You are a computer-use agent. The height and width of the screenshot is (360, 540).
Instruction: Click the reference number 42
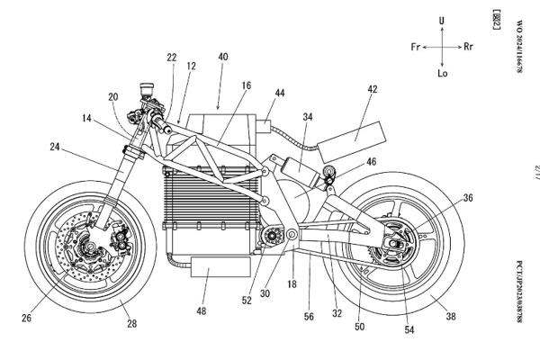[372, 90]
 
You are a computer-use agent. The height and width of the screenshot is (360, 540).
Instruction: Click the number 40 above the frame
[223, 56]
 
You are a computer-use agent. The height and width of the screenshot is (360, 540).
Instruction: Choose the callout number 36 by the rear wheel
[467, 198]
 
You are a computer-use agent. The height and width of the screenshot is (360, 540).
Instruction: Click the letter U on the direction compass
[441, 20]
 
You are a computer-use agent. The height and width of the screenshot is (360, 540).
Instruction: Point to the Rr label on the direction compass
[468, 45]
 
